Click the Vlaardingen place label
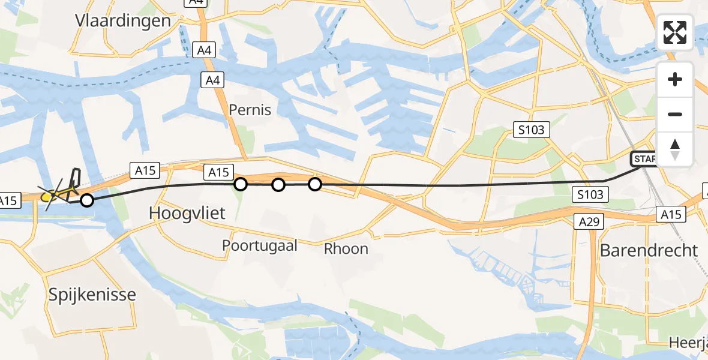(x=123, y=20)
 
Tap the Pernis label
(x=250, y=110)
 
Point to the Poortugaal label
(x=260, y=245)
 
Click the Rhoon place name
(x=346, y=248)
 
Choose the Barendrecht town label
(x=649, y=250)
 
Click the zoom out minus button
(x=675, y=115)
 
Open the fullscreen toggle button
(x=675, y=32)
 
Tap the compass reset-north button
(x=675, y=149)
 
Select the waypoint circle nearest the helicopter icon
(x=87, y=200)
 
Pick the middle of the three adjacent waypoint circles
(x=278, y=185)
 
